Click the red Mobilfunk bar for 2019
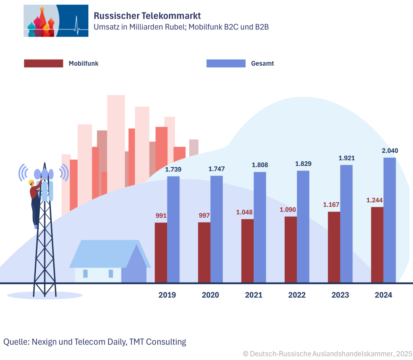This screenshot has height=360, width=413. (161, 252)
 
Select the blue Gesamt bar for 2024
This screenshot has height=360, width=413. (389, 220)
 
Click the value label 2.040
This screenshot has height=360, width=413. (390, 151)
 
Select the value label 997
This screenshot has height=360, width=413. (204, 216)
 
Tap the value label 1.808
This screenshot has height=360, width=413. (260, 165)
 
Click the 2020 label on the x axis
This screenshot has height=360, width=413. (210, 295)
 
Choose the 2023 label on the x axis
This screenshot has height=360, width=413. (340, 295)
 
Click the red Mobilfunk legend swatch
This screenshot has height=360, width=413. (44, 63)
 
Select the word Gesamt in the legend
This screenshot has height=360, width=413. (262, 63)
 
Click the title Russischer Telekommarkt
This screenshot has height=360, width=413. (147, 16)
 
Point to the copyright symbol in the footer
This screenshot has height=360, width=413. (246, 354)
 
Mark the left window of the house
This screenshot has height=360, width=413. (86, 274)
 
